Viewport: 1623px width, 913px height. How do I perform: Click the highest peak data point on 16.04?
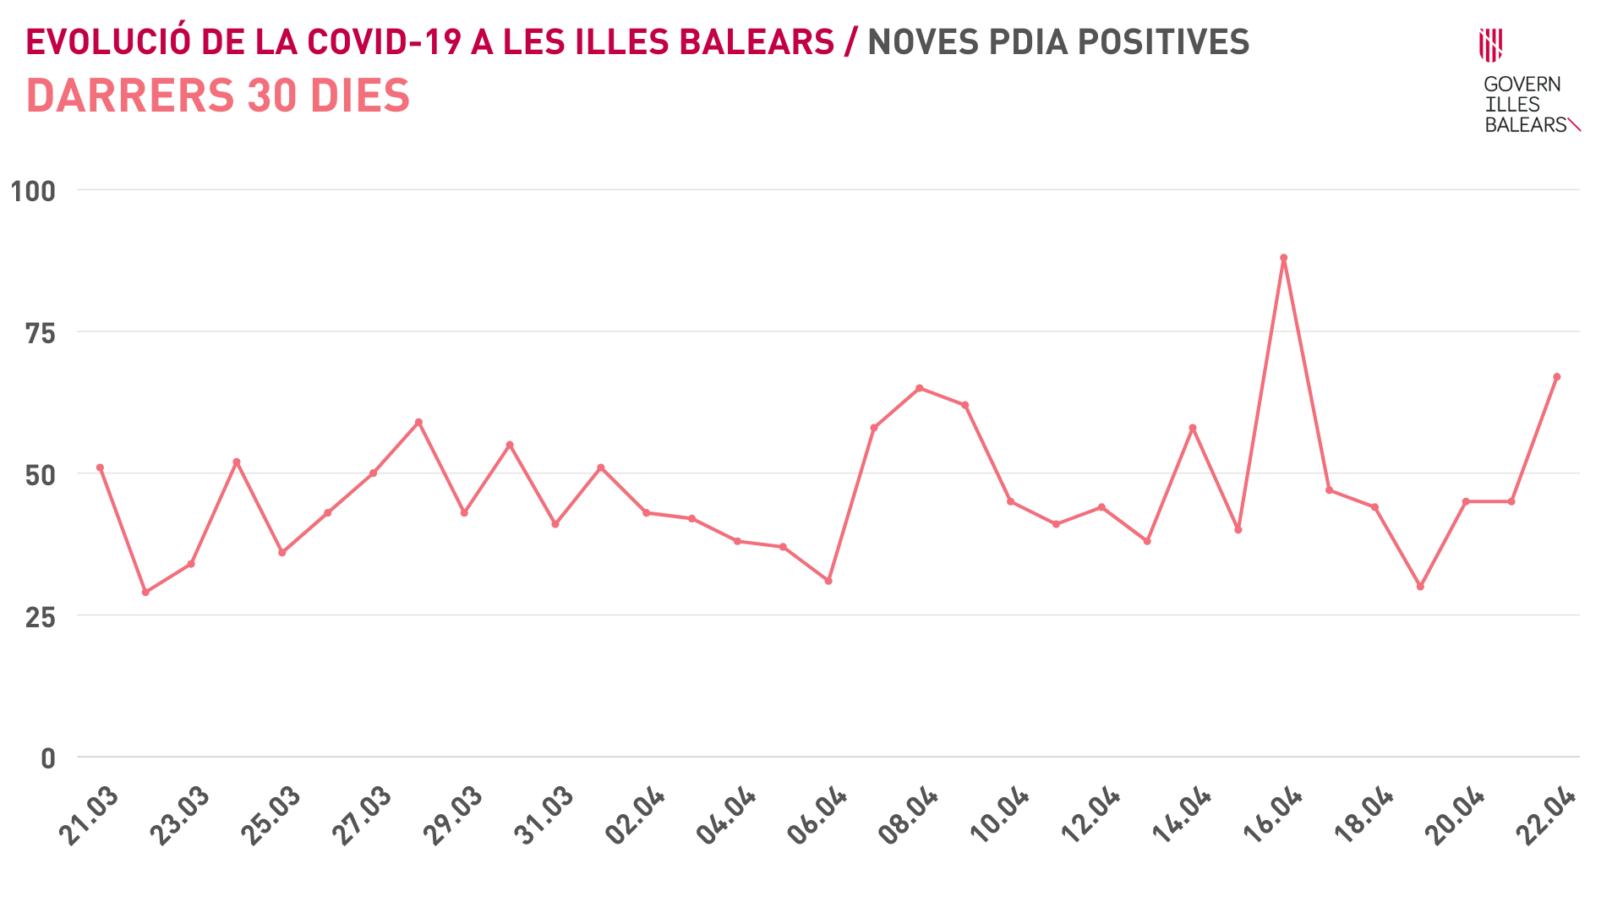pos(1283,258)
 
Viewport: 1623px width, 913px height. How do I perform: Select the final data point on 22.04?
pos(1556,377)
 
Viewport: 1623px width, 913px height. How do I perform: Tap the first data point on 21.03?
pos(100,467)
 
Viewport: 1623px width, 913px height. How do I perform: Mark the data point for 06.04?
pos(828,581)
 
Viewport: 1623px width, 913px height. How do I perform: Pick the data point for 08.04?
pos(920,388)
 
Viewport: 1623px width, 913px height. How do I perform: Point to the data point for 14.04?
pos(1193,428)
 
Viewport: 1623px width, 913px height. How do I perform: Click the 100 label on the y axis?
pos(33,191)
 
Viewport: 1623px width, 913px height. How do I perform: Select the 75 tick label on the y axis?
pos(40,333)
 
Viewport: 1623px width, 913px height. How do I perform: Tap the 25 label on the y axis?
pos(40,617)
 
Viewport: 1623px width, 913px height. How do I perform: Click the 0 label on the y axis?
pos(48,758)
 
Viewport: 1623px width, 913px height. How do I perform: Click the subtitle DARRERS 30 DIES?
pos(218,96)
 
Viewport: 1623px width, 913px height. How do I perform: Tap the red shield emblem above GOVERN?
pos(1490,45)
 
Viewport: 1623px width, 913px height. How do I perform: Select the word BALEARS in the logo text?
pos(1526,125)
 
